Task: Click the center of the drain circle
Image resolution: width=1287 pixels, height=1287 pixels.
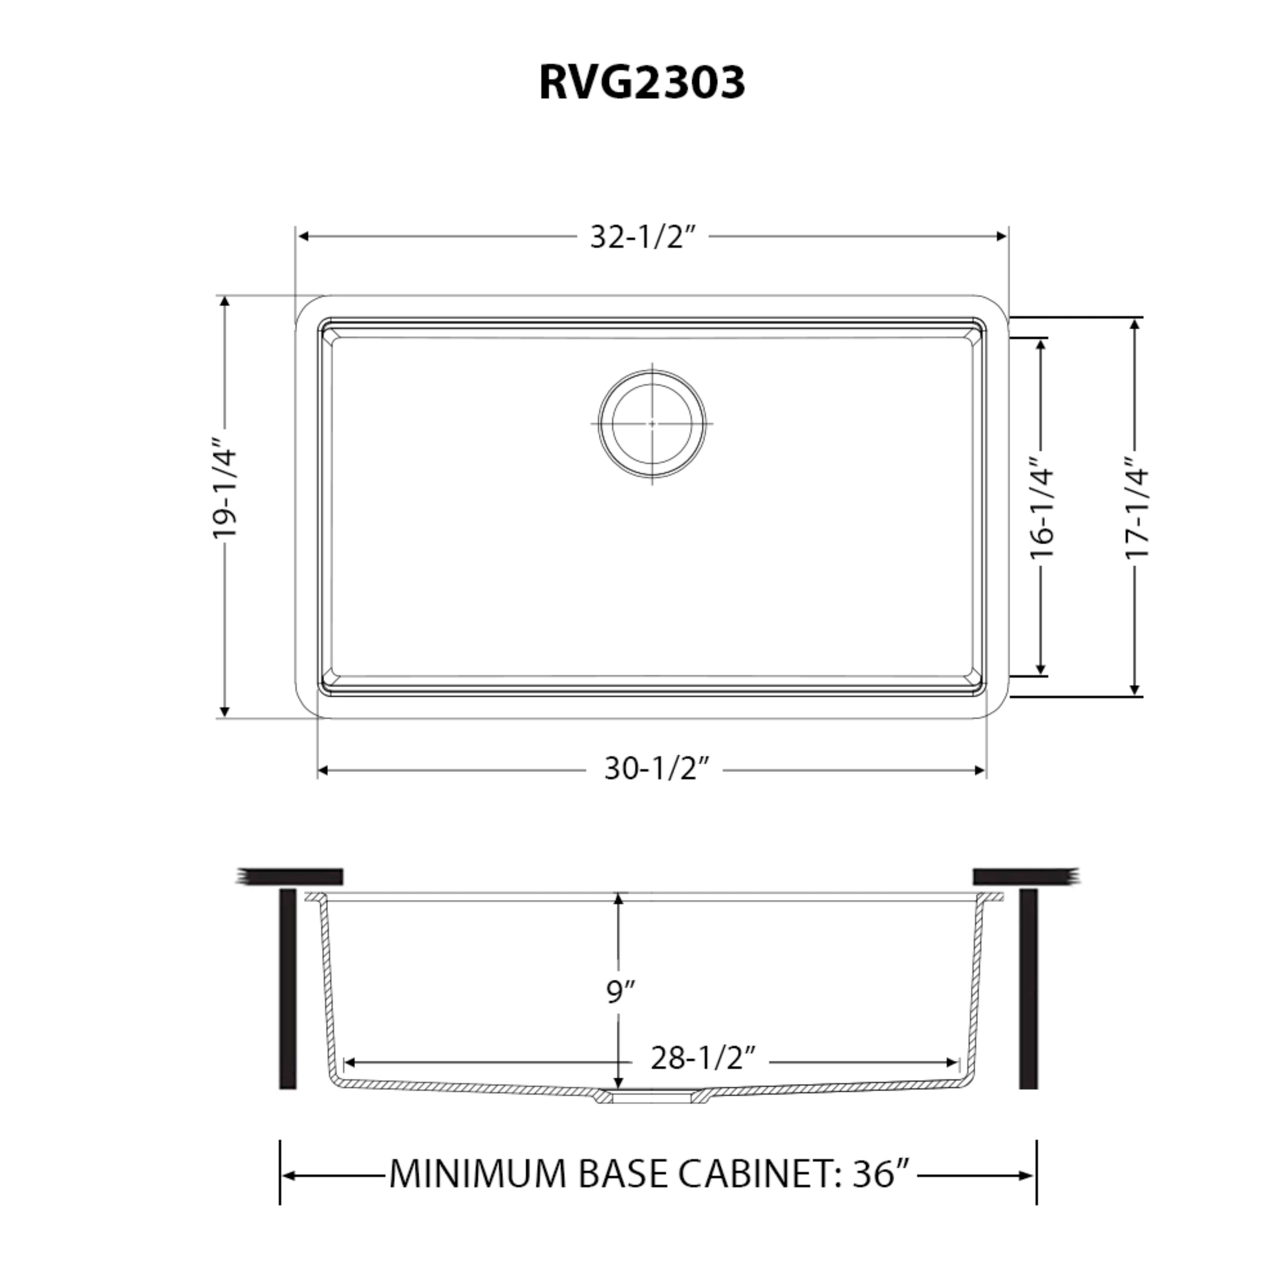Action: [x=652, y=424]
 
